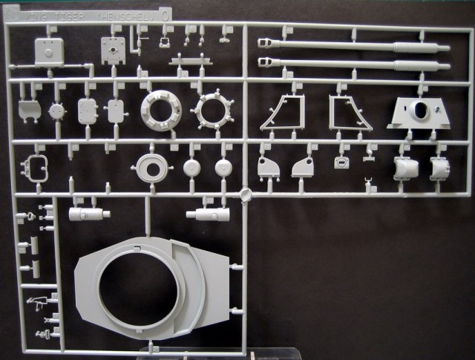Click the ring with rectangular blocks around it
point(161,110)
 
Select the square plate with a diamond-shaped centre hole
point(114,49)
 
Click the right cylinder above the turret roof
point(211,215)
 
